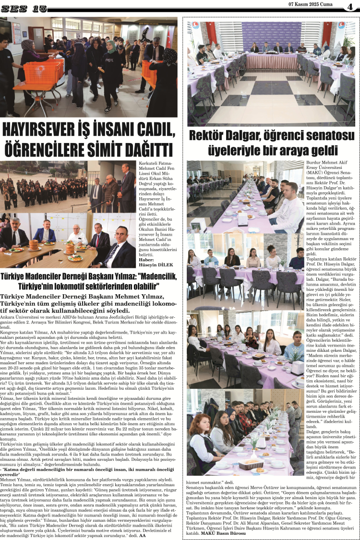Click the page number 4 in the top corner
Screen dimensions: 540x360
tap(350, 6)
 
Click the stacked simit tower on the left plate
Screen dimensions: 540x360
tap(34, 246)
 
